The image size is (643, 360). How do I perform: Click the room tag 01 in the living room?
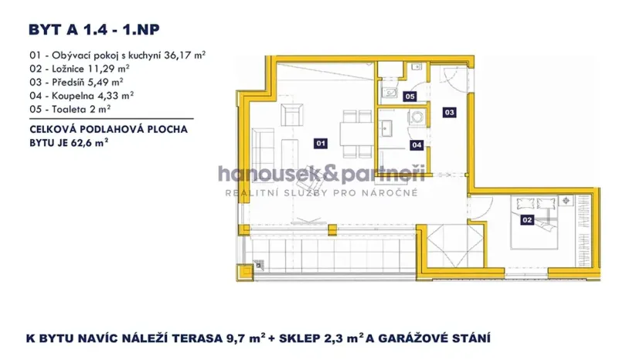coord(321,143)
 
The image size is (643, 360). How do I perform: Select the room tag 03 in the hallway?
coord(449,112)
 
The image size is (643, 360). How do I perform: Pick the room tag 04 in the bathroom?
coord(417,144)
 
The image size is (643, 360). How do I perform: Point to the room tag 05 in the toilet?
coord(410,97)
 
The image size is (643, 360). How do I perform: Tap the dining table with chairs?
coord(353,131)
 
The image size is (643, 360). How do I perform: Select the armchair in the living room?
coord(294,117)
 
